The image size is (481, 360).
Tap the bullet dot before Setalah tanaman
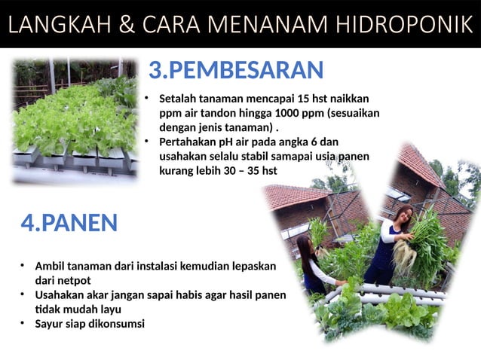pyautogui.click(x=148, y=98)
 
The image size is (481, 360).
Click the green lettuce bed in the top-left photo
pyautogui.click(x=72, y=121)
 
